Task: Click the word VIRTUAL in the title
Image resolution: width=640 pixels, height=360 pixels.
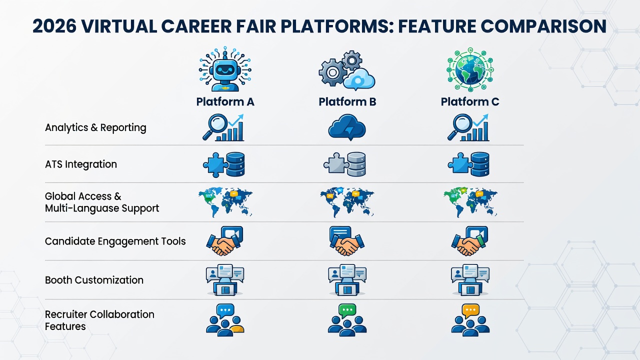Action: pos(119,26)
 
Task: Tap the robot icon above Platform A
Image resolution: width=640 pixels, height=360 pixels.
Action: pos(225,69)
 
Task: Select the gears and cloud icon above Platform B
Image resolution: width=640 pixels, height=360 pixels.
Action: pos(347,70)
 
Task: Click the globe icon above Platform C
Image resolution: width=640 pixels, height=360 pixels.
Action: pos(470,69)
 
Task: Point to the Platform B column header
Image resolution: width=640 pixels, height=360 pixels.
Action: pos(347,101)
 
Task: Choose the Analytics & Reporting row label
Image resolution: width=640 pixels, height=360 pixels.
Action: pos(95,127)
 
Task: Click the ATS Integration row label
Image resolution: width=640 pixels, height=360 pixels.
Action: pos(81,164)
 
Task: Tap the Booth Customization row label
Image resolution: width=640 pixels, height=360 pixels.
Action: pos(94,280)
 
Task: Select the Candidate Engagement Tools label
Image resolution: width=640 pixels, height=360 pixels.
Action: pos(115,241)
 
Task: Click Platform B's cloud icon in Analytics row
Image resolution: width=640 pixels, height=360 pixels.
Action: pos(347,127)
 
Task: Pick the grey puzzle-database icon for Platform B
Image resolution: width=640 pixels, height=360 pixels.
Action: pos(345,164)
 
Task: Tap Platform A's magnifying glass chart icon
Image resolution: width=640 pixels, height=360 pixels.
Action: pos(223,127)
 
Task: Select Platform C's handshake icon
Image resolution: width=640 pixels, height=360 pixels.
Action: pos(469,241)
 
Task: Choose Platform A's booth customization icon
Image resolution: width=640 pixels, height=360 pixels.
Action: pos(225,280)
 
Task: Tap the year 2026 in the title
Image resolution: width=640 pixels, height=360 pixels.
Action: pos(54,26)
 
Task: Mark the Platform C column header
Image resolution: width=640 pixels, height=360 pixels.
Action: pos(470,101)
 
